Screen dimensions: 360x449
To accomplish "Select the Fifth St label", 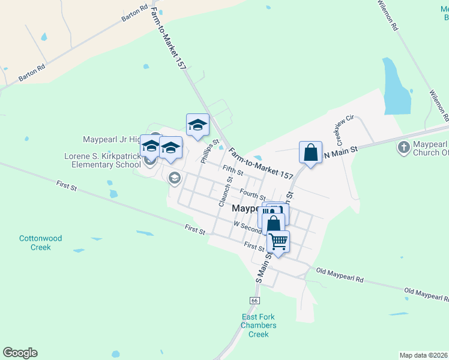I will pos(232,170).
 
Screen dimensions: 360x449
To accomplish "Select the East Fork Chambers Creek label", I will pos(258,326).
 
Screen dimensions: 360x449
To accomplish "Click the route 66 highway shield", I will pos(254,300).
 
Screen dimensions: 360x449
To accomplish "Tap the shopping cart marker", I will pos(278,241).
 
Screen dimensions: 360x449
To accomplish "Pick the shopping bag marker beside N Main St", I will pos(311,152).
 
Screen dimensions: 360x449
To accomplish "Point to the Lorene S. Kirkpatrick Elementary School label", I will pos(102,160).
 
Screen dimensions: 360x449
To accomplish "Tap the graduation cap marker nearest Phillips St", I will pos(197,125).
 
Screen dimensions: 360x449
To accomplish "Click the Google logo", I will pos(20,353).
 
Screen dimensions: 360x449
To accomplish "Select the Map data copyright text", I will pos(424,355).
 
